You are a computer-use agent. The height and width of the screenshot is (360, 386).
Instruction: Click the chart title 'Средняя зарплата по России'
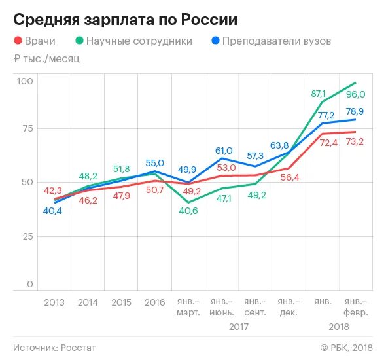pyautogui.click(x=125, y=19)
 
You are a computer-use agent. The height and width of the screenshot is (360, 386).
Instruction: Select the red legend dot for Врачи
pyautogui.click(x=18, y=41)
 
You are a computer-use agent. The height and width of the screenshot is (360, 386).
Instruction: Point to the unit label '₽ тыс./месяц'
pyautogui.click(x=46, y=59)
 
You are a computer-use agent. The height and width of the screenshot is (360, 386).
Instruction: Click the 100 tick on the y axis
pyautogui.click(x=25, y=81)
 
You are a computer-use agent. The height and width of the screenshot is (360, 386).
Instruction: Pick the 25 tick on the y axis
pyautogui.click(x=26, y=236)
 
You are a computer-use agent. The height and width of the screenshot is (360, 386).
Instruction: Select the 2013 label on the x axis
pyautogui.click(x=54, y=302)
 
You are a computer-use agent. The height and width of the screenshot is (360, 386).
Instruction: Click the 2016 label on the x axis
pyautogui.click(x=154, y=302)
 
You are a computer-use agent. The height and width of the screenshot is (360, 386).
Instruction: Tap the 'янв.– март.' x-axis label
pyautogui.click(x=188, y=307)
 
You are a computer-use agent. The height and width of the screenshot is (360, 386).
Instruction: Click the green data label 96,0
pyautogui.click(x=355, y=94)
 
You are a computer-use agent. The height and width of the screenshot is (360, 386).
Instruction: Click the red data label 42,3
pyautogui.click(x=54, y=190)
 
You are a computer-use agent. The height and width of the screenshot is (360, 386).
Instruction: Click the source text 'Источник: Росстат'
pyautogui.click(x=54, y=347)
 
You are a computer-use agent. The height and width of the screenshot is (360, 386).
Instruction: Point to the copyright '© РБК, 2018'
pyautogui.click(x=346, y=347)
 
